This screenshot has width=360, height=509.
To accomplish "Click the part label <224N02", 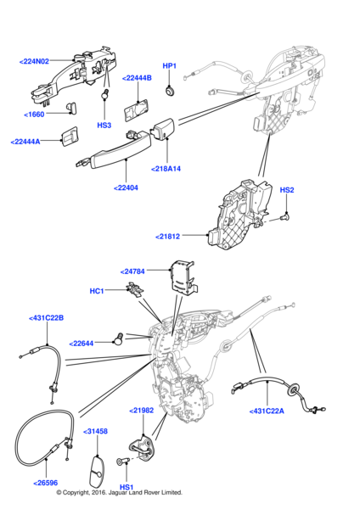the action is pyautogui.click(x=34, y=61).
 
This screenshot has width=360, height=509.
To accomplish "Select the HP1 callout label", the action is pyautogui.click(x=169, y=66).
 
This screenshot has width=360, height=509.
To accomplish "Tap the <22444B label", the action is pyautogui.click(x=137, y=78).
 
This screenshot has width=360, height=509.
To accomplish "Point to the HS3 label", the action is pyautogui.click(x=104, y=125).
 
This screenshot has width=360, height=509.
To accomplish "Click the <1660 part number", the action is pyautogui.click(x=34, y=115).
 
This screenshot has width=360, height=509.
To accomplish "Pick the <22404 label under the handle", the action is pyautogui.click(x=126, y=188).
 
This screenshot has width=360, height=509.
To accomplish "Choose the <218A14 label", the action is pyautogui.click(x=166, y=169).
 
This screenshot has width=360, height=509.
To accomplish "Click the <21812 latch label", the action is pyautogui.click(x=167, y=237).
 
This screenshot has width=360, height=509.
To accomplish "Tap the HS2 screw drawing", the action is pyautogui.click(x=284, y=216).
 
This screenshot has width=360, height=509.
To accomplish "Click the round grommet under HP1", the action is pyautogui.click(x=169, y=91).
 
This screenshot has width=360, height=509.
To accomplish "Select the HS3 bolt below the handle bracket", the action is pyautogui.click(x=104, y=94).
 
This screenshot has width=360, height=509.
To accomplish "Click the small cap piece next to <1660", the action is pyautogui.click(x=72, y=108).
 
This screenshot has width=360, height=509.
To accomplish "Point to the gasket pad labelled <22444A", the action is pyautogui.click(x=70, y=137).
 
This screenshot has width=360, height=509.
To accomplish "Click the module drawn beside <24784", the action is pyautogui.click(x=183, y=278).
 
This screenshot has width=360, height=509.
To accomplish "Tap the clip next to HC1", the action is pyautogui.click(x=135, y=289).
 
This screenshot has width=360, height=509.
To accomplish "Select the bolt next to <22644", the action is pyautogui.click(x=118, y=338).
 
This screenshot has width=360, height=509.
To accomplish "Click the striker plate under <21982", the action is pyautogui.click(x=142, y=448).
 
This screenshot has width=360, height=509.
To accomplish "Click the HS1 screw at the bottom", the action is pyautogui.click(x=123, y=461).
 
